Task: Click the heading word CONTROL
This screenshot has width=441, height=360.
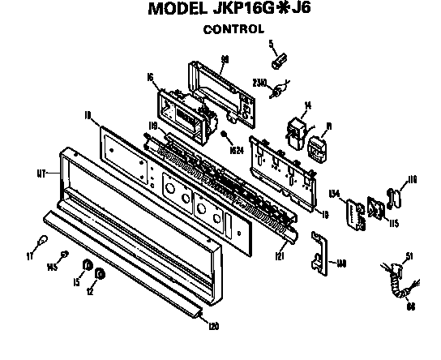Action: click(233, 29)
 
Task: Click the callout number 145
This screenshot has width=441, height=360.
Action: click(53, 266)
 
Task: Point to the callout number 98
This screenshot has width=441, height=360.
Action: click(225, 58)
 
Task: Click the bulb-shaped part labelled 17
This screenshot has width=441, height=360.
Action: click(38, 240)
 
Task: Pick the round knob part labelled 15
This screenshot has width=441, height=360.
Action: click(87, 267)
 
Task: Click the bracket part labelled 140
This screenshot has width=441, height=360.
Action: click(319, 252)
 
